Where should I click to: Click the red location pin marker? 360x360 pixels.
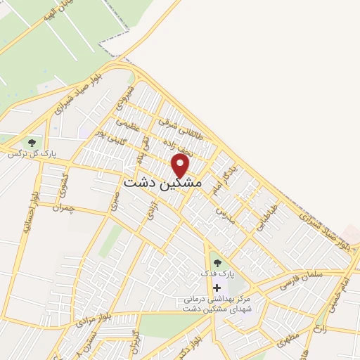click(181, 166)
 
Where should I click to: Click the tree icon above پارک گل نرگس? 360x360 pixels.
click(31, 143)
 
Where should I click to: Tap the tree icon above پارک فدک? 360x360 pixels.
click(216, 263)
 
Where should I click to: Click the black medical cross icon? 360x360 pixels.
click(216, 287)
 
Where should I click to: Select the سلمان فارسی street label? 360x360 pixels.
click(302, 279)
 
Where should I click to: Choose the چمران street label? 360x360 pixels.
click(63, 207)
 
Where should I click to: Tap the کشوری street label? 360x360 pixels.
click(65, 184)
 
